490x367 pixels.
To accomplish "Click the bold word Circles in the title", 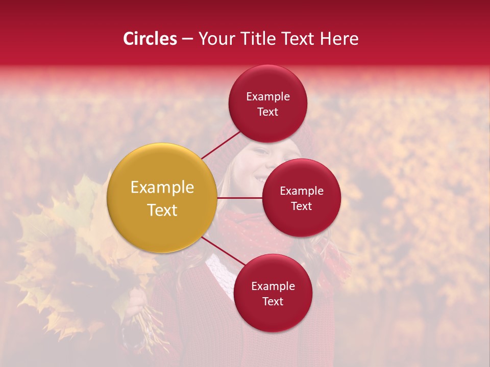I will point(150,39).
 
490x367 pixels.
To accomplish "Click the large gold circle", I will point(162,198).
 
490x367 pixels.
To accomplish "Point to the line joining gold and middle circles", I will point(240,198).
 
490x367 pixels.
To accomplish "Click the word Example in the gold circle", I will point(162,188).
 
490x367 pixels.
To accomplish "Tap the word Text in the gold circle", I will point(162,210).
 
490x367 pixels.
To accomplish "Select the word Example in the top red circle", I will point(268,97).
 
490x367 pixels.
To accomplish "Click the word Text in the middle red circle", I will point(301,206).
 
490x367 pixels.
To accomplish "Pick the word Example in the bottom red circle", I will point(273,286).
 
